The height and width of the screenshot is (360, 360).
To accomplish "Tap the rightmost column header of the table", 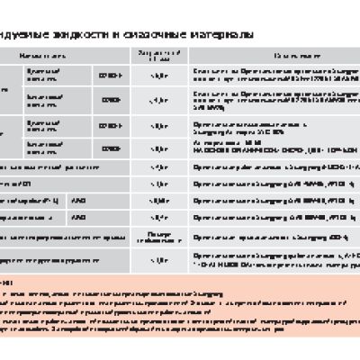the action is point(274,55).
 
